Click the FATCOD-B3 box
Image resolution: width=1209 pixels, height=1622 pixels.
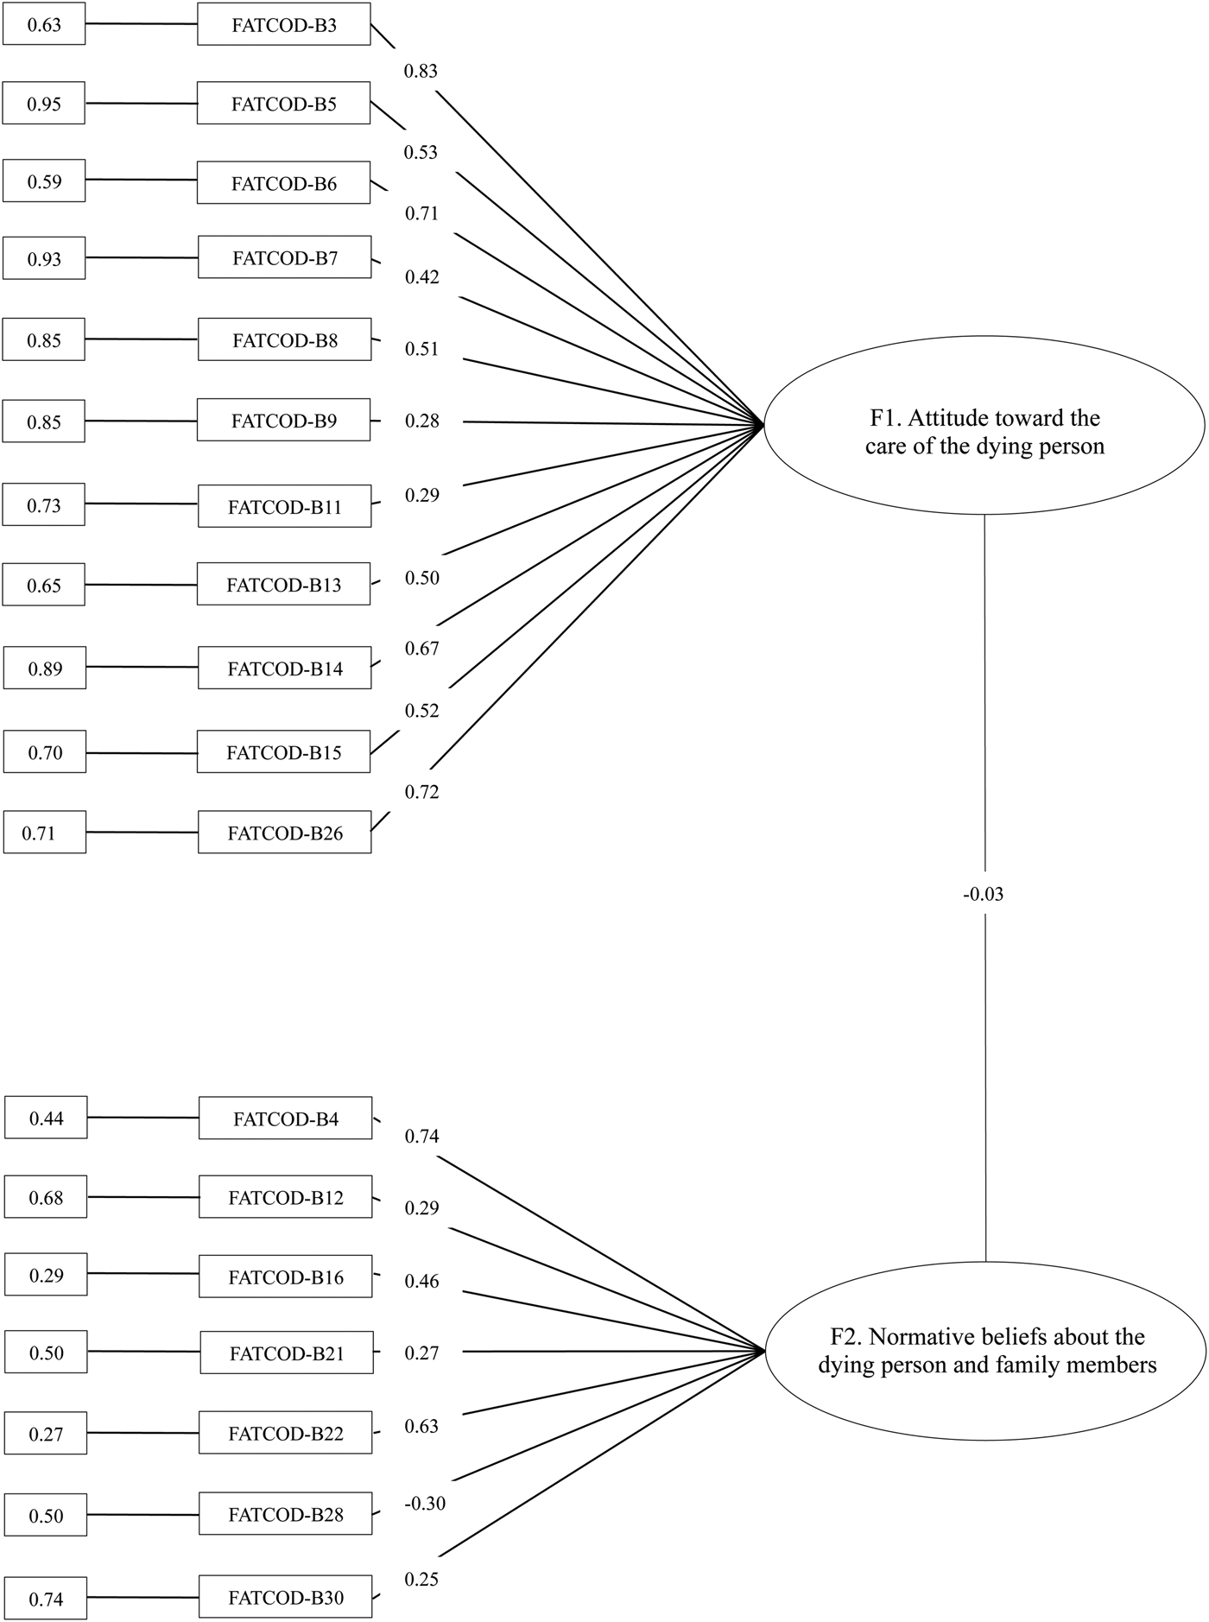[284, 24]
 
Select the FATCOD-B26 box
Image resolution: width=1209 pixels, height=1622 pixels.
[284, 832]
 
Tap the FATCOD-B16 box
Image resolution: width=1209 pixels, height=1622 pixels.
[286, 1276]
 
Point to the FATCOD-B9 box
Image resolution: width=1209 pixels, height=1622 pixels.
[284, 421]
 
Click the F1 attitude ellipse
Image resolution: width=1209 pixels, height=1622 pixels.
[984, 425]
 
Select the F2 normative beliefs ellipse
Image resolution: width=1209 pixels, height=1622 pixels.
[986, 1351]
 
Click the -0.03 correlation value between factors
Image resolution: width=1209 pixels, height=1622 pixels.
[984, 894]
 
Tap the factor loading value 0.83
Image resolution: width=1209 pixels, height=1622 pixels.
[421, 71]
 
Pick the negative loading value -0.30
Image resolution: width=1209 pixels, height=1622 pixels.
[424, 1504]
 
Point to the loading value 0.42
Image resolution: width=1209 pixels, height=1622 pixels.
[422, 276]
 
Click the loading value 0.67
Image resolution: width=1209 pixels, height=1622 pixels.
[422, 648]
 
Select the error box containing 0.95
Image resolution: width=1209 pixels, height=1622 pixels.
[44, 103]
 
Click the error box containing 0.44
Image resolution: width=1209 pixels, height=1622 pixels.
[46, 1118]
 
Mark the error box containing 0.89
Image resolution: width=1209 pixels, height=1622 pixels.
[45, 668]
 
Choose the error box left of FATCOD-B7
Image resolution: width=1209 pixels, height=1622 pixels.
[44, 258]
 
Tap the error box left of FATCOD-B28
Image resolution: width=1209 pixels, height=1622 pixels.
[46, 1515]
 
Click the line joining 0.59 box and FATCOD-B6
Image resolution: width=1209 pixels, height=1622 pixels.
[142, 181]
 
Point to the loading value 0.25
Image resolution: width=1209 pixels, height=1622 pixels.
[422, 1579]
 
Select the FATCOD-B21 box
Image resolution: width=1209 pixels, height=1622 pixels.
[288, 1353]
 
